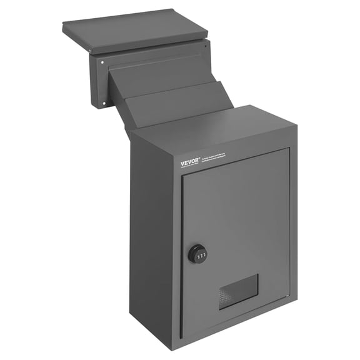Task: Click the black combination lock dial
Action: click(x=197, y=253)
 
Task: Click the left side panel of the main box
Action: click(x=153, y=237)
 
